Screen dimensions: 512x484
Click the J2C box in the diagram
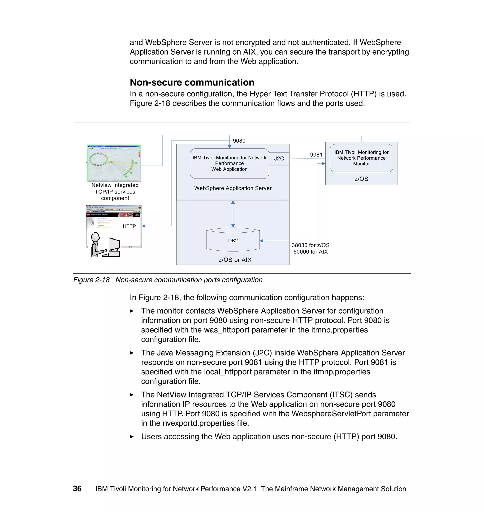pyautogui.click(x=279, y=158)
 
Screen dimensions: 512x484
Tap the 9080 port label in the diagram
pyautogui.click(x=239, y=141)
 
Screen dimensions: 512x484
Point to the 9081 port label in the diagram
pyautogui.click(x=316, y=155)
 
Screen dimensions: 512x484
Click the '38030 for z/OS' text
pyautogui.click(x=310, y=245)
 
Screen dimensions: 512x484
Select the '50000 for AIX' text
pyautogui.click(x=310, y=252)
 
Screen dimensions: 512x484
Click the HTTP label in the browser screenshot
pyautogui.click(x=129, y=226)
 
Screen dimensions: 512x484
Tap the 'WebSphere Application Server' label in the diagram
pyautogui.click(x=233, y=188)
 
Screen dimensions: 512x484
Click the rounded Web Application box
pyautogui.click(x=229, y=163)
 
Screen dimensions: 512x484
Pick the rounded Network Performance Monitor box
pyautogui.click(x=361, y=158)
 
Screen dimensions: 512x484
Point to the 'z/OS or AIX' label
pyautogui.click(x=235, y=260)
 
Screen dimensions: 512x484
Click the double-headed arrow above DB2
pyautogui.click(x=233, y=214)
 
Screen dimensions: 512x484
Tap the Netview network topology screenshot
pyautogui.click(x=114, y=163)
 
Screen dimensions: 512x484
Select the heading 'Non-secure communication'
pyautogui.click(x=192, y=82)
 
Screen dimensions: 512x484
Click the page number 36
pyautogui.click(x=77, y=489)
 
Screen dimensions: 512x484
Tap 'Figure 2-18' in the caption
pyautogui.click(x=91, y=280)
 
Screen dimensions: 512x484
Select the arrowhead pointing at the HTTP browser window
pyautogui.click(x=144, y=226)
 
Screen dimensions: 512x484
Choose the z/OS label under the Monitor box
pyautogui.click(x=361, y=179)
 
